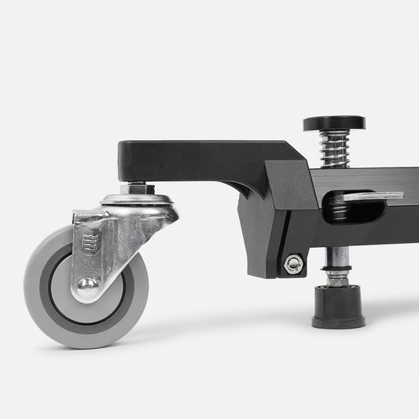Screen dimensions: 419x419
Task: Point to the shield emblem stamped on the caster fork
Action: (88, 244)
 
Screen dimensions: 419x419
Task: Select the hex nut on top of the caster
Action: (138, 189)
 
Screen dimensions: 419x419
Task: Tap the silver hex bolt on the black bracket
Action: (293, 264)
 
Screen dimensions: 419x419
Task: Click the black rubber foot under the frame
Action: (338, 307)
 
